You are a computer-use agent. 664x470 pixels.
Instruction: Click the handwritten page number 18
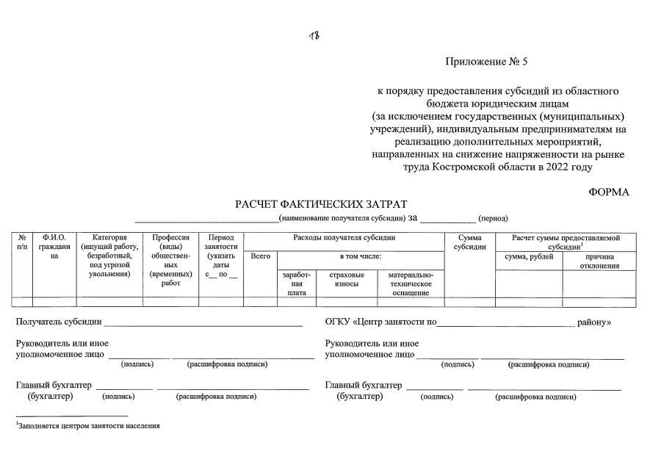pos(314,37)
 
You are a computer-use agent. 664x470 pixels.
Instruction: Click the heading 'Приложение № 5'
pos(486,61)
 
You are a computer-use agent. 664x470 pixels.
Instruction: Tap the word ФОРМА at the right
pos(609,192)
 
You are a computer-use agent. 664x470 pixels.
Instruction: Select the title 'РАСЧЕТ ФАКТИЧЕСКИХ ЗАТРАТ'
pos(321,204)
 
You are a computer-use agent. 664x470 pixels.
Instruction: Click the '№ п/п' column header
pos(22,242)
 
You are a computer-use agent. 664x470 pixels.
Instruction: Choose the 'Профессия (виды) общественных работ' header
pos(171,260)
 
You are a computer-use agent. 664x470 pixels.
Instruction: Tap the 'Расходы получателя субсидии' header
pos(344,238)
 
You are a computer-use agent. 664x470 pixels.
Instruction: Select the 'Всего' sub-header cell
pos(260,256)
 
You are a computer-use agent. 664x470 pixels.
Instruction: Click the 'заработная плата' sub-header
pos(297,283)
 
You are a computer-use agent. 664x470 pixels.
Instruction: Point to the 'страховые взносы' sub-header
pos(347,279)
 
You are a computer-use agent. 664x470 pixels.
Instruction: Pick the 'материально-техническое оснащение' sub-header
pos(411,283)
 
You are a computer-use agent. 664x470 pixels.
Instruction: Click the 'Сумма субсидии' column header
pos(469,242)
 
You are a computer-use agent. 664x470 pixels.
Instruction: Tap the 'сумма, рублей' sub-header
pos(529,256)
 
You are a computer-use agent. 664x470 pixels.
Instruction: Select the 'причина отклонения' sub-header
pos(599,261)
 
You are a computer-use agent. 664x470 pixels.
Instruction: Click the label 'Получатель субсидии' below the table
pos(59,322)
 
